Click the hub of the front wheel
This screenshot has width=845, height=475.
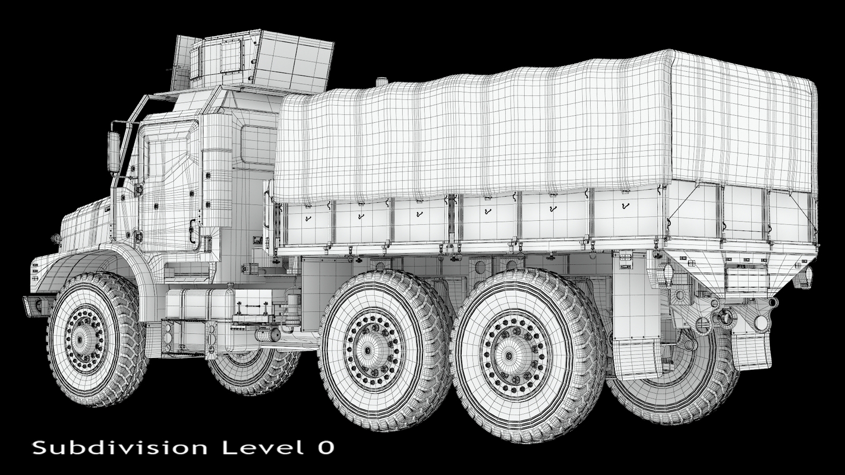click(x=85, y=339)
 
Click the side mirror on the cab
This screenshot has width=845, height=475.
click(x=113, y=151)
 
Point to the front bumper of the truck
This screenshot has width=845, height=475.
click(x=37, y=304)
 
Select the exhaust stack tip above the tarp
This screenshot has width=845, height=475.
click(x=382, y=83)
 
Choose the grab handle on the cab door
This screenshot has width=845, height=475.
click(x=193, y=232)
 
